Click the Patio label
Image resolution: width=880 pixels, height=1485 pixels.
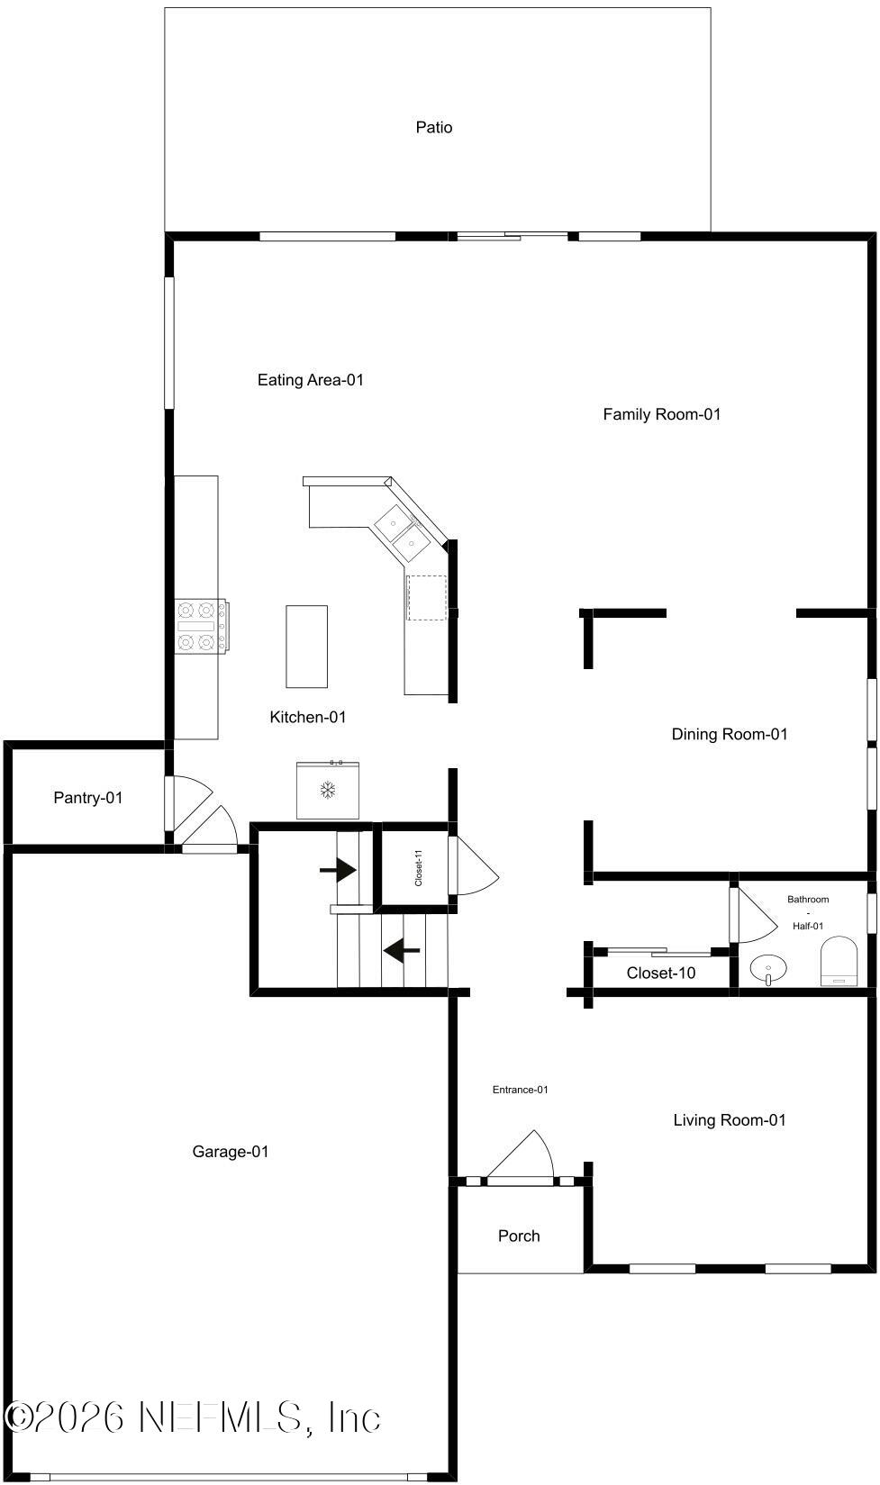(x=434, y=127)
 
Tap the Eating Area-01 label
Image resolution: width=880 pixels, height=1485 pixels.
(x=311, y=380)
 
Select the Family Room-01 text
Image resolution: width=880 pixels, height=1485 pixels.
(x=661, y=414)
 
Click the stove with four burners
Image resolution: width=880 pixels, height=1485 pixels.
(x=202, y=626)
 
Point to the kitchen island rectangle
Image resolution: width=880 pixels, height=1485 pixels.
(x=306, y=647)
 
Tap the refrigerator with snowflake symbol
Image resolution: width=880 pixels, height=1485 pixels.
(x=328, y=790)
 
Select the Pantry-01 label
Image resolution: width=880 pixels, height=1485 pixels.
(x=88, y=798)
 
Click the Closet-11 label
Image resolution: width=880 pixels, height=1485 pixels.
(x=419, y=868)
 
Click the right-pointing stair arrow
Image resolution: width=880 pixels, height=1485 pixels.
(x=338, y=869)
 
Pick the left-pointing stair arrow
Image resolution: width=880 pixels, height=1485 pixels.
(x=401, y=951)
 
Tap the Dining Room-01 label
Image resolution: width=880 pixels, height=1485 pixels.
(x=730, y=734)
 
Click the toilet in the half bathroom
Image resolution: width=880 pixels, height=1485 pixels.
(x=839, y=961)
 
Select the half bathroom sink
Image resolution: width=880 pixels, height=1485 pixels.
(x=768, y=969)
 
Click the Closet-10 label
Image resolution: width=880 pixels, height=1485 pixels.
(x=661, y=973)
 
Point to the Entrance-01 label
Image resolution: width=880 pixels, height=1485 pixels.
(x=520, y=1090)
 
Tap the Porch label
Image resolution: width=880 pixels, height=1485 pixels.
(x=519, y=1236)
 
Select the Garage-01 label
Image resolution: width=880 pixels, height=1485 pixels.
(x=230, y=1152)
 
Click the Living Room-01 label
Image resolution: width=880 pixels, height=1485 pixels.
(x=730, y=1119)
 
